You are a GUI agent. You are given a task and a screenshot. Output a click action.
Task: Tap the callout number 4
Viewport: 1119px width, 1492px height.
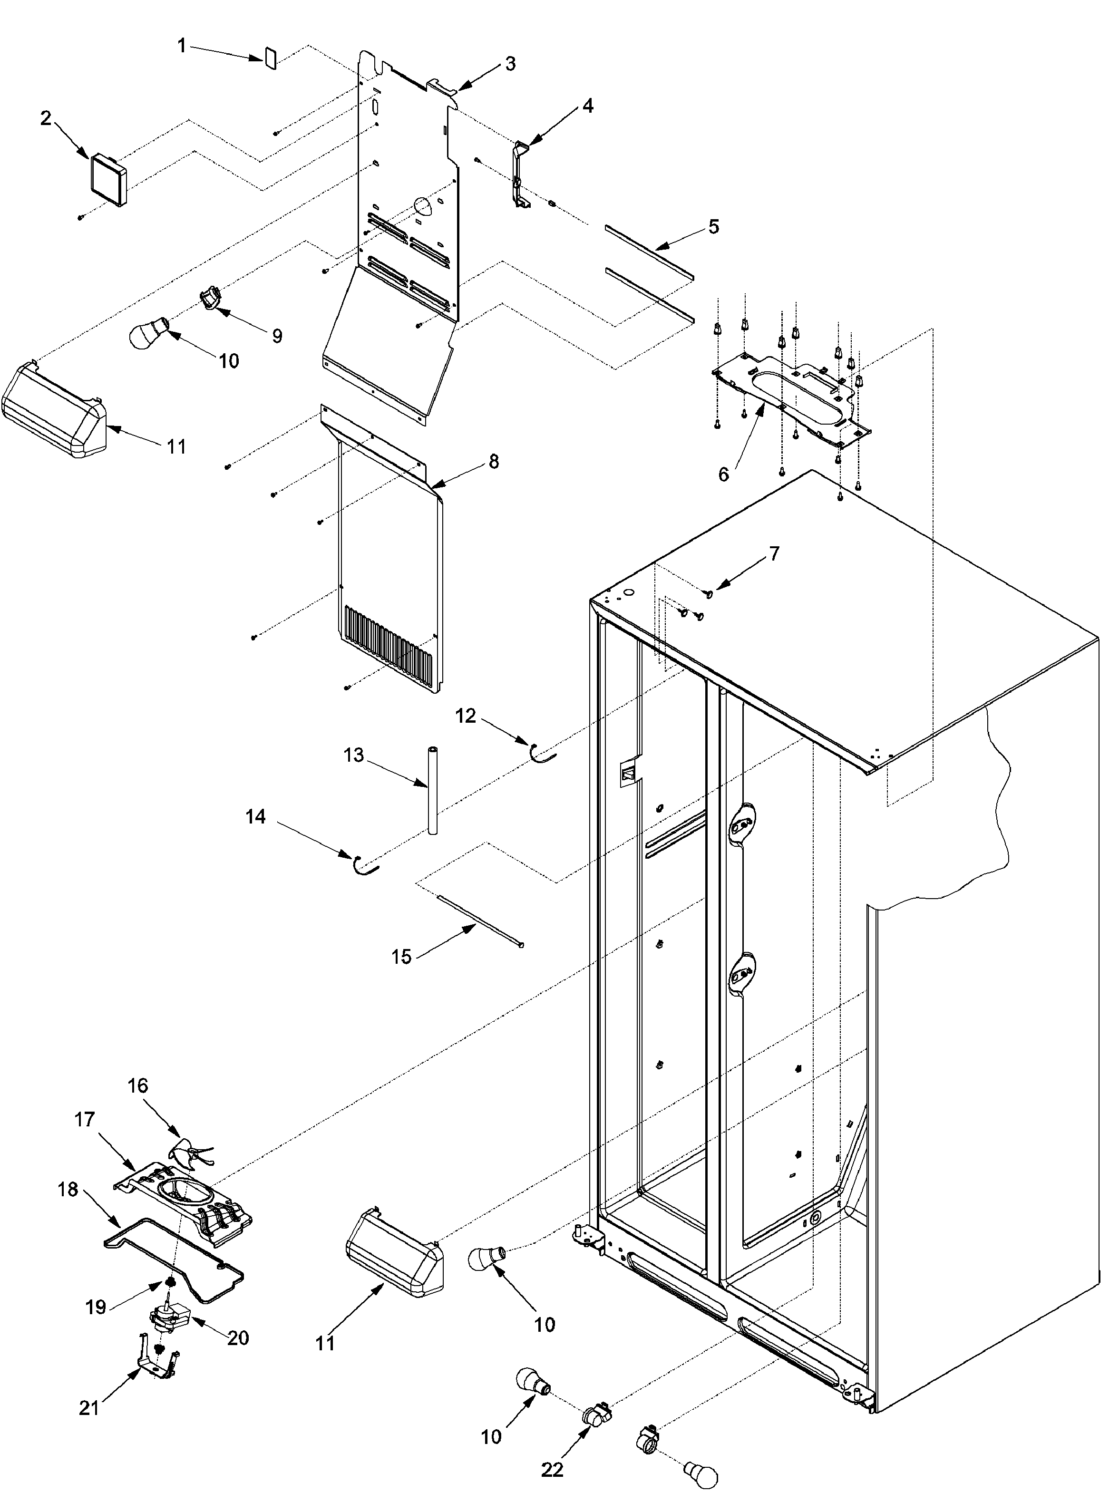pos(587,106)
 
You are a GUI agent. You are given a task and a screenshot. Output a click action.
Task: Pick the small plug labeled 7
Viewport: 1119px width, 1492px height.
pos(709,593)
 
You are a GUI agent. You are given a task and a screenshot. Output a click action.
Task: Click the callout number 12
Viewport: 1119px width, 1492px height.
pos(466,716)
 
